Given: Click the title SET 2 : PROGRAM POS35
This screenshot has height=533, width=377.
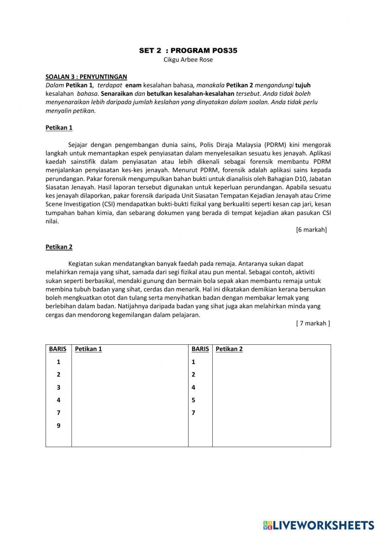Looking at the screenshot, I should [x=188, y=51].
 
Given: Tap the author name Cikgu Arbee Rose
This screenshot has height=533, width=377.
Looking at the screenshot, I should [x=188, y=60].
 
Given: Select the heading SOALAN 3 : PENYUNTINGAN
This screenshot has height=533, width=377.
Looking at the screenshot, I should [x=86, y=77].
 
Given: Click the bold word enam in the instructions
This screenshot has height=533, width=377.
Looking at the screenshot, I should [x=133, y=85].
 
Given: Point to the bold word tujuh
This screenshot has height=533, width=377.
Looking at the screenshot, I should [x=303, y=85].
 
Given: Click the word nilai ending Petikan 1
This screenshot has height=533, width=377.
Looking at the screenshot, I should [x=52, y=221].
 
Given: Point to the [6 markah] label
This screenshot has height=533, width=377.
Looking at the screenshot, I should [x=311, y=229].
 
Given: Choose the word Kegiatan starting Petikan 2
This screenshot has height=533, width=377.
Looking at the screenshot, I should [x=81, y=264].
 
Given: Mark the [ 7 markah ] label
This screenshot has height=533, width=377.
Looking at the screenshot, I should [x=313, y=323].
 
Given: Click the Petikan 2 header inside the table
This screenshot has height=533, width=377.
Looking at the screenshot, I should [x=229, y=349].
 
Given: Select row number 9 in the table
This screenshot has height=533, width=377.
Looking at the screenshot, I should [x=58, y=425].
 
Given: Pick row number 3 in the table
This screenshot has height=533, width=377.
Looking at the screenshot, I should [x=58, y=387].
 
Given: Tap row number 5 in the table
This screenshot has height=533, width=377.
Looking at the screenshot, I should [x=193, y=400].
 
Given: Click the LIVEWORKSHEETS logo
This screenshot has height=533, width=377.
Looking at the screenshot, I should [x=319, y=525].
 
